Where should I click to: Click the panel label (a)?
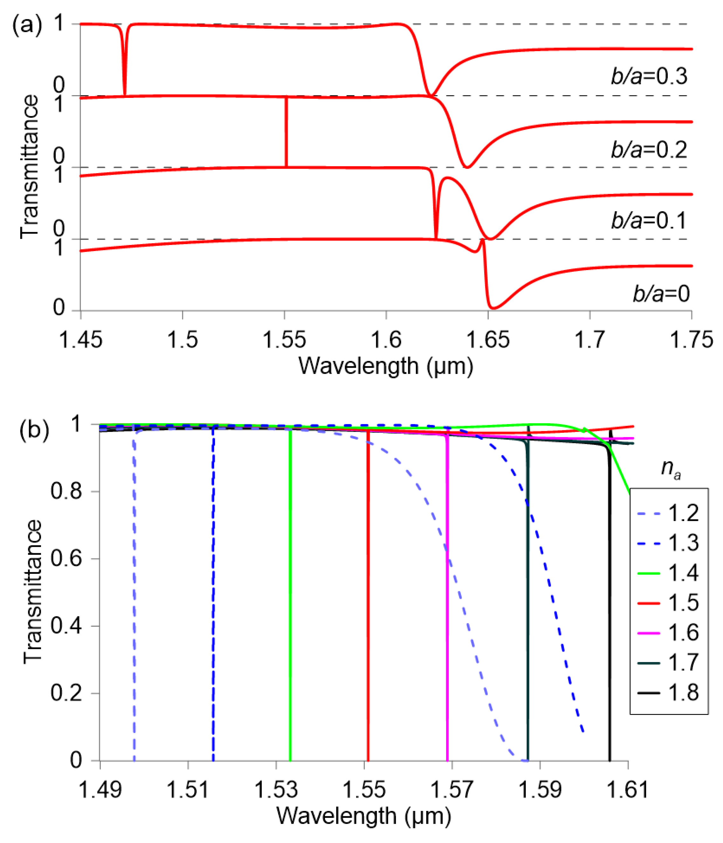pyautogui.click(x=27, y=26)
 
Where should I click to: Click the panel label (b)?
pyautogui.click(x=34, y=430)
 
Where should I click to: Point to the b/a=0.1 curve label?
pyautogui.click(x=649, y=221)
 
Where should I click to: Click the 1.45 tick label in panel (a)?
pyautogui.click(x=81, y=340)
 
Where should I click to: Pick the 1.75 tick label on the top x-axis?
pyautogui.click(x=691, y=340)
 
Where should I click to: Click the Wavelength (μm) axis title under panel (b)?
pyautogui.click(x=363, y=816)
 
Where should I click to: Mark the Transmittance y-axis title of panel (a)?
pyautogui.click(x=29, y=167)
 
